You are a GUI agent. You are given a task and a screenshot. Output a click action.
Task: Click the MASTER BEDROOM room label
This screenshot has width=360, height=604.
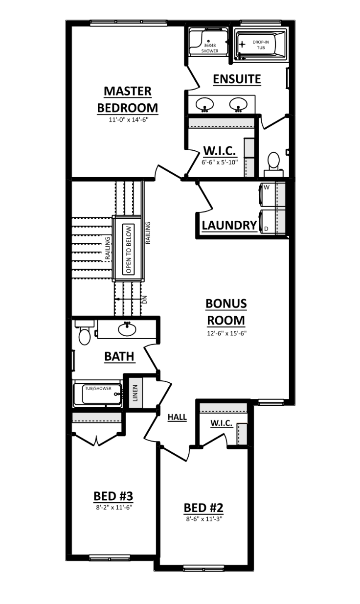point(127,99)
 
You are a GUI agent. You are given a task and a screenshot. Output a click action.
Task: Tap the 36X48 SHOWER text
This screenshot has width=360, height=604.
point(210,48)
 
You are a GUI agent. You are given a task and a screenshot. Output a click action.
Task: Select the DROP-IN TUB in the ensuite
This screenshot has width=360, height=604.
point(260,45)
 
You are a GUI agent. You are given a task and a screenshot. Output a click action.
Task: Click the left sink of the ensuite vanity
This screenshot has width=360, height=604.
point(204,104)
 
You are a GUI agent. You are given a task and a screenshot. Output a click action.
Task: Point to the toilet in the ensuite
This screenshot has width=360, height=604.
point(273,163)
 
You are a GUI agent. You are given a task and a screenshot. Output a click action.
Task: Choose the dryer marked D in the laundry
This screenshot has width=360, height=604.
point(267,222)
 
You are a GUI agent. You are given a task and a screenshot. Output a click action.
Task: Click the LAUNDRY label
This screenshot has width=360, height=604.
point(229,225)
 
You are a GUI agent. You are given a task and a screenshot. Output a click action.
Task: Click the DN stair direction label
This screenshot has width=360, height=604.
point(144,300)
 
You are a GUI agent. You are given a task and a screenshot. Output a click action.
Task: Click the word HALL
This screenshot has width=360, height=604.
point(177,418)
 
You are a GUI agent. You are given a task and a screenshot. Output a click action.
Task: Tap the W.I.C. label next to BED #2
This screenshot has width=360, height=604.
point(221,422)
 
